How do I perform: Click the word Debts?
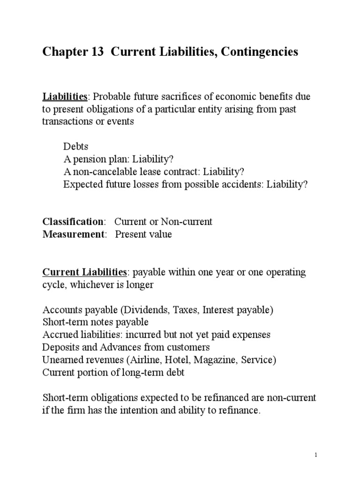click(x=76, y=147)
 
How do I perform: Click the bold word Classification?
click(x=73, y=222)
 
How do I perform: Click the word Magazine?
click(x=210, y=360)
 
